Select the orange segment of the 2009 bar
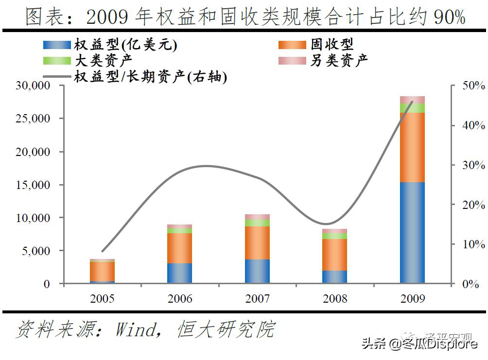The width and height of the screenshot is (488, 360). click(x=412, y=147)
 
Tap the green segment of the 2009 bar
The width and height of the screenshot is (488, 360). click(x=412, y=108)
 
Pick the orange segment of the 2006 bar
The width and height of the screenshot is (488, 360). click(x=179, y=248)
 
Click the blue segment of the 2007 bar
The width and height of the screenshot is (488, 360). click(x=257, y=271)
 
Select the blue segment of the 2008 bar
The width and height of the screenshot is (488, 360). click(x=335, y=276)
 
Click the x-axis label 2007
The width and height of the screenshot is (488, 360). click(x=257, y=298)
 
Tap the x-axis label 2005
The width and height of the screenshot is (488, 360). click(x=102, y=298)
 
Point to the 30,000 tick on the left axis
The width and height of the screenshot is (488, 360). click(x=33, y=86)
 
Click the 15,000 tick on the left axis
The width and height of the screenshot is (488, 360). click(x=33, y=185)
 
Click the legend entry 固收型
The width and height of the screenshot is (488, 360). click(x=332, y=45)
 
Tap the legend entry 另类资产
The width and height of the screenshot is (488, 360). click(x=339, y=60)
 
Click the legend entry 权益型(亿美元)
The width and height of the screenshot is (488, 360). click(x=125, y=45)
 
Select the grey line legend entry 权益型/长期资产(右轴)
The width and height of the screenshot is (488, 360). click(x=151, y=77)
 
